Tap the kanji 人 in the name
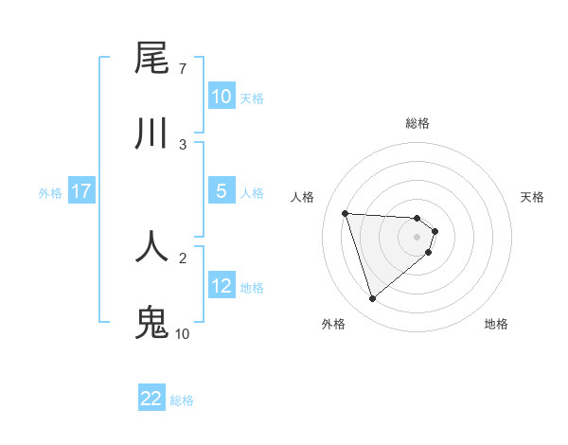point(151,244)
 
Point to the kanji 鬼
point(151,321)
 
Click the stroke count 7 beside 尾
point(182,69)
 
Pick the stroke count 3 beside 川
point(182,144)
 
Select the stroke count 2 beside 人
point(182,257)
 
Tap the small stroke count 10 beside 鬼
point(182,333)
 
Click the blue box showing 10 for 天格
point(222,97)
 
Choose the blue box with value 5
point(222,190)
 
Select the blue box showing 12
point(222,285)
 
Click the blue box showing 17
point(80,191)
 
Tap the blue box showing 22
point(151,399)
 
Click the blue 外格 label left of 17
point(50,192)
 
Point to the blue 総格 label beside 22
point(182,400)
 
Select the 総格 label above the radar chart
point(417,123)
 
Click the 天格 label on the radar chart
point(533,197)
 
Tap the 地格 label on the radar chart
point(496,324)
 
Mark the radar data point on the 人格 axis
point(346,213)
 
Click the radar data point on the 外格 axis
point(372,299)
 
